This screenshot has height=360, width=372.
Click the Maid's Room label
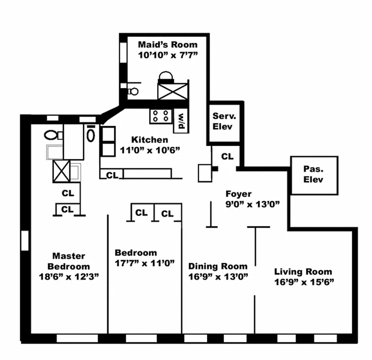coord(167,44)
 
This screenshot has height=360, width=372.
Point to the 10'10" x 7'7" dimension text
coord(168,54)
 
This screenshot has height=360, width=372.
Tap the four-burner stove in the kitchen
coord(161,116)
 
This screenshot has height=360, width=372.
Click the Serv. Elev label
coord(223,121)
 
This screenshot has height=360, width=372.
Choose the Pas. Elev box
coord(314,175)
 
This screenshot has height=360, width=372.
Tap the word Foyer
coord(238,194)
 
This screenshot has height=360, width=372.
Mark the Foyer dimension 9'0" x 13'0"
coord(252,204)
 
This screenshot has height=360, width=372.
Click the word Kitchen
coord(150,139)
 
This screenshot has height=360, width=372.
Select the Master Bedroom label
coord(68,261)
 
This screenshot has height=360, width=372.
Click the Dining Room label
coord(218,266)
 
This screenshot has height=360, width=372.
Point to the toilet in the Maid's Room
coord(132,91)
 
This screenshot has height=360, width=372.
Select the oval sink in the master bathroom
coord(91,135)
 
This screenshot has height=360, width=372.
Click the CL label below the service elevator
coord(228,157)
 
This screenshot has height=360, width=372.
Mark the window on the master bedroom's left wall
coord(25,239)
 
